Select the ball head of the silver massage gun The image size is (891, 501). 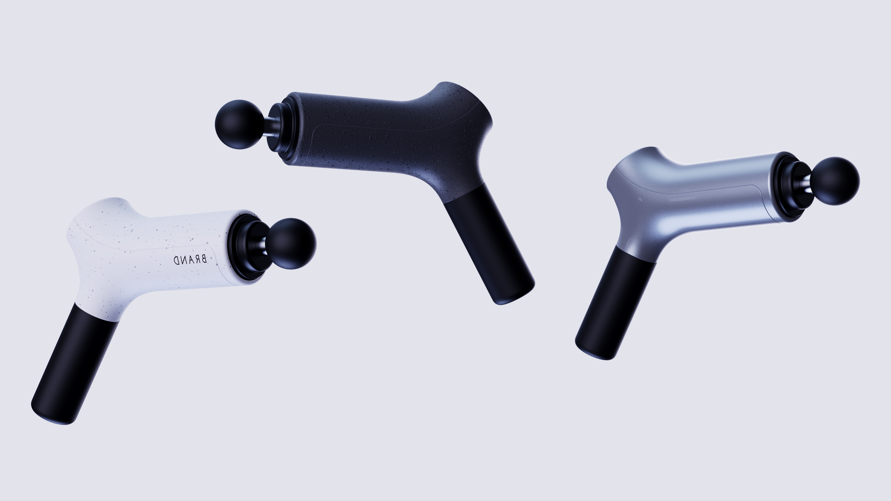(835, 181)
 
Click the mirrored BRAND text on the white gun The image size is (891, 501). (190, 260)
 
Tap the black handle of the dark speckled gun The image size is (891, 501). (488, 242)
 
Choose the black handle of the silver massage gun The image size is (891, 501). (616, 301)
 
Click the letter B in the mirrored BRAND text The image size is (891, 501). (204, 259)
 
